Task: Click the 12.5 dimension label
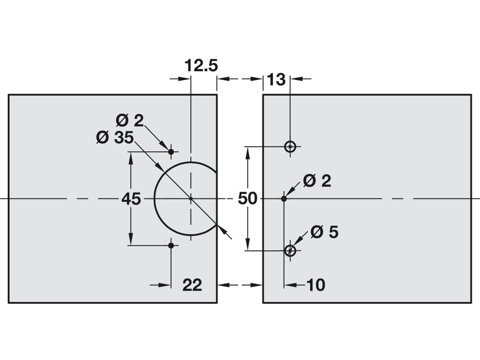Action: [x=201, y=66]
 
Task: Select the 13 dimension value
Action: [x=276, y=79]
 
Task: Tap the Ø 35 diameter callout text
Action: [x=115, y=138]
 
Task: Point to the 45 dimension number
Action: [x=131, y=199]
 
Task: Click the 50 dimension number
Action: [x=247, y=198]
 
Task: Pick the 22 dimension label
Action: [x=192, y=285]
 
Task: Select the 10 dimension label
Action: [x=316, y=285]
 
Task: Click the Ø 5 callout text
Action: [x=325, y=232]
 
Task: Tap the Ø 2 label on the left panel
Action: [x=130, y=121]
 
